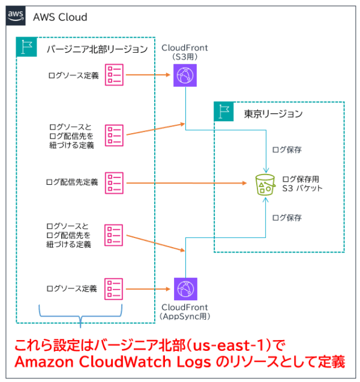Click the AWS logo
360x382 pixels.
[x=16, y=16]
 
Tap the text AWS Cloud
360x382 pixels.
[x=60, y=17]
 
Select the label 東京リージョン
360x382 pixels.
[x=273, y=113]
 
